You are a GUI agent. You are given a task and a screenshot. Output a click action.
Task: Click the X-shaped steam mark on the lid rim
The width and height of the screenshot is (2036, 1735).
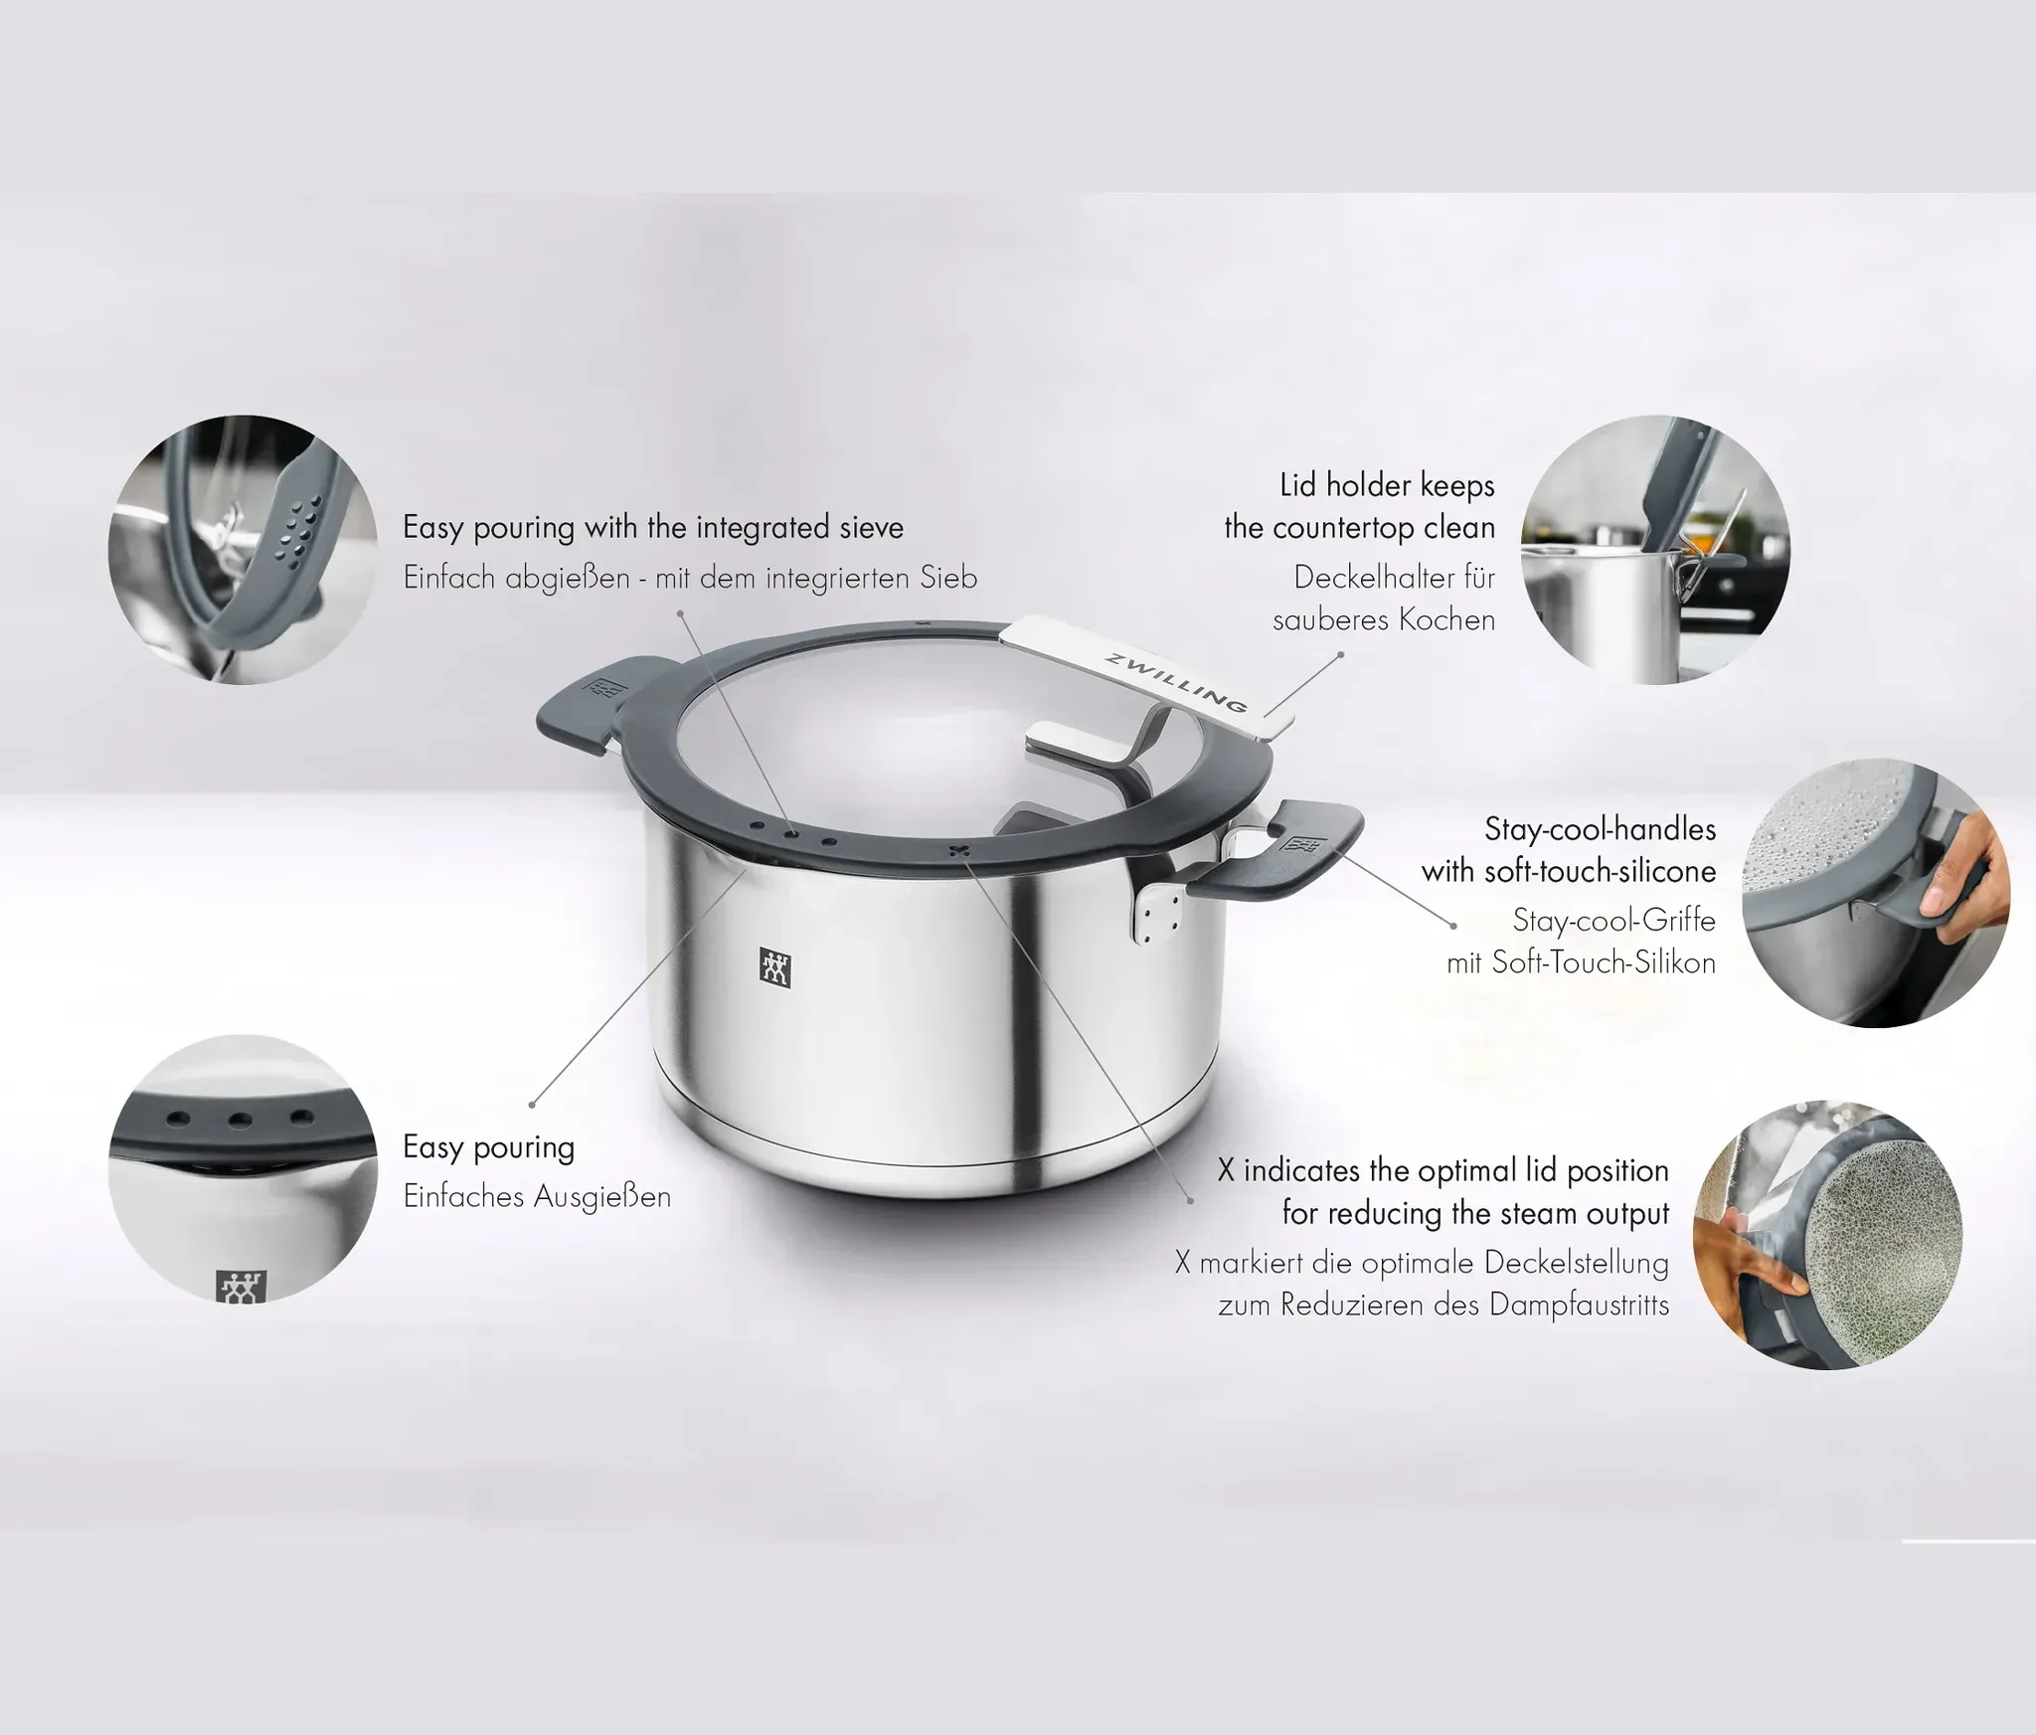click(958, 849)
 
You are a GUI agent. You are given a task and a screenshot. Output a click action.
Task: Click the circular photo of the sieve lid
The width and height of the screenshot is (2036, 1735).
click(243, 549)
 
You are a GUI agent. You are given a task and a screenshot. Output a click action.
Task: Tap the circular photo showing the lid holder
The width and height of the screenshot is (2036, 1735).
click(1655, 549)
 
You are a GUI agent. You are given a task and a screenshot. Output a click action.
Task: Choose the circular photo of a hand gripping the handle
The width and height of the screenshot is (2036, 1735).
click(1877, 892)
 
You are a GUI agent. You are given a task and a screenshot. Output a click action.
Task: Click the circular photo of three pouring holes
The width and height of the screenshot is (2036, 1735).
click(243, 1169)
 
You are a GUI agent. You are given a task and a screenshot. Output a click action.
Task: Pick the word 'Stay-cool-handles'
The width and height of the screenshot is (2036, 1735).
click(1600, 829)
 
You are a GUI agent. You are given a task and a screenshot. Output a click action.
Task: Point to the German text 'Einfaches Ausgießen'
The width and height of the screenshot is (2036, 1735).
click(537, 1196)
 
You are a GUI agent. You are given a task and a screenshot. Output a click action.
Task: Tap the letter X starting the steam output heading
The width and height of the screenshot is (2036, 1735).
click(1226, 1171)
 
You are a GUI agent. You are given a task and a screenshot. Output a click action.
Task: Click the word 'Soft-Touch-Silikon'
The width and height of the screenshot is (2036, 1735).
click(1604, 963)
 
